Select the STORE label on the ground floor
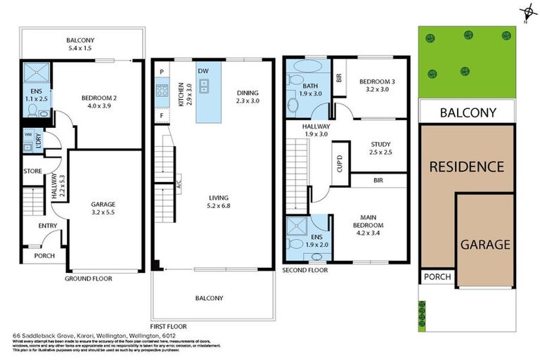[x=33, y=171]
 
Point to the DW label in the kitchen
[x=202, y=71]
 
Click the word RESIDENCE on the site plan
[x=466, y=167]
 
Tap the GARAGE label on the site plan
[x=484, y=244]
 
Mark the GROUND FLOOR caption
[x=89, y=278]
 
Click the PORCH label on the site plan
[x=436, y=278]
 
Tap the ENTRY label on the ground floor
[x=48, y=225]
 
